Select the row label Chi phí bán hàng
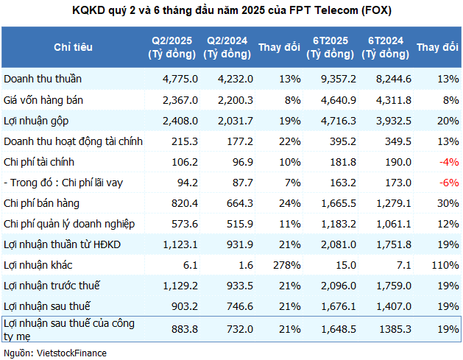coord(41,202)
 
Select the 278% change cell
coord(286,264)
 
